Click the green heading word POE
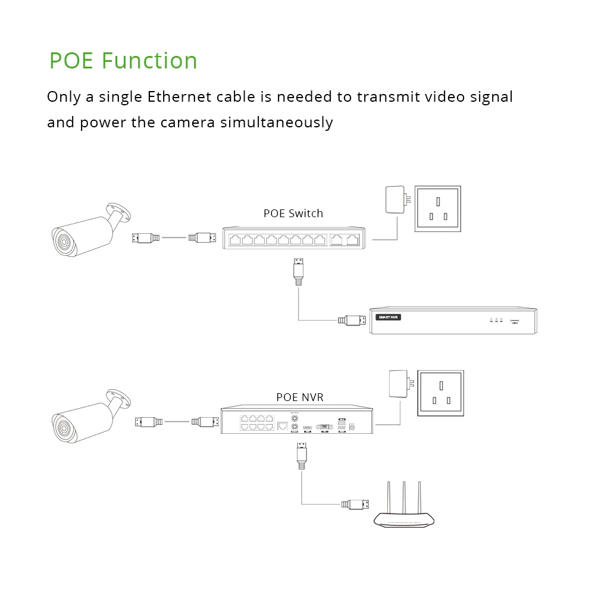point(71,61)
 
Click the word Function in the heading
point(149,61)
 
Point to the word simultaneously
point(276,123)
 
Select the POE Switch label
point(293,213)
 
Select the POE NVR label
point(300,397)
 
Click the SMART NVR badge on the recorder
point(389,317)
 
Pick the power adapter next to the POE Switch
point(395,200)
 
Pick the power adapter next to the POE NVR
point(398,384)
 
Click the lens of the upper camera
point(61,242)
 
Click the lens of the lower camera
point(61,427)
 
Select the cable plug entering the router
point(356,505)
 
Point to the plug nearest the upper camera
point(145,238)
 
